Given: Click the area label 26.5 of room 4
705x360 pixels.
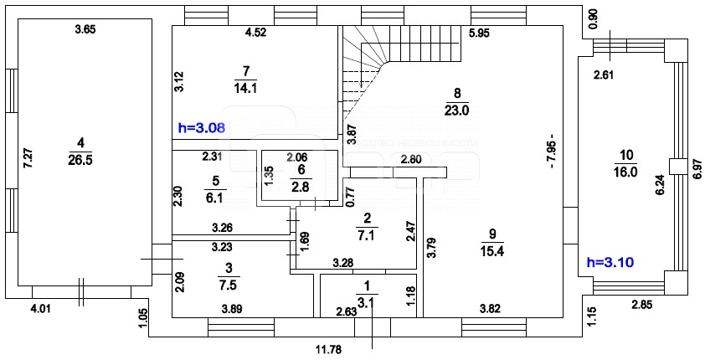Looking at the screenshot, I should click(80, 159).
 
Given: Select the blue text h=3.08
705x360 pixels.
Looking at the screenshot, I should click(203, 128).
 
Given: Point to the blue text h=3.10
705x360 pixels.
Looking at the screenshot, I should click(610, 262).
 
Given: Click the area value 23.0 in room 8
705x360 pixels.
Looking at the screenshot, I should click(457, 109).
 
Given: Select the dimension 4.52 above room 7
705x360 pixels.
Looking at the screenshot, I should click(255, 33).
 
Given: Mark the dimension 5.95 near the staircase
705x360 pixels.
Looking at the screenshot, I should click(480, 33).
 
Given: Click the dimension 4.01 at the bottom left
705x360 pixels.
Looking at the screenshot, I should click(40, 309).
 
